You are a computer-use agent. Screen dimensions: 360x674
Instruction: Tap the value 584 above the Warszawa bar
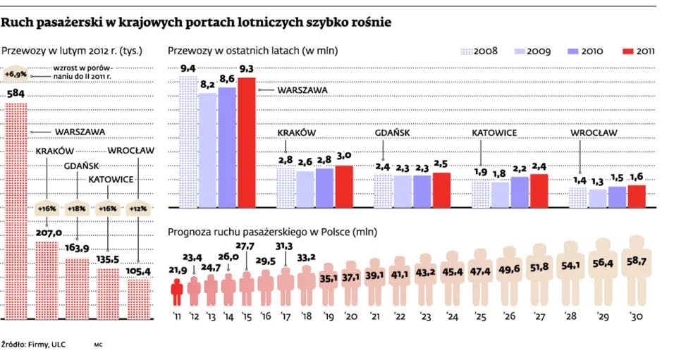point(16,94)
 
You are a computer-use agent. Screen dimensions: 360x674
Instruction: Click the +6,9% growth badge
point(16,73)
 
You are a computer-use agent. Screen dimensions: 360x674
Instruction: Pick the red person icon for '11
point(176,287)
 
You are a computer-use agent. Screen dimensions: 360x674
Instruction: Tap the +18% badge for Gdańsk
point(77,209)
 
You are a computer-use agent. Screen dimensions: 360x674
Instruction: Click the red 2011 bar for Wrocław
point(637,197)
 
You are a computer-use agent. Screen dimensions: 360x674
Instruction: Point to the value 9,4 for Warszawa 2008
point(188,68)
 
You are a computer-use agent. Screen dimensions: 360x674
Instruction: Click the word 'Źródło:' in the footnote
point(14,345)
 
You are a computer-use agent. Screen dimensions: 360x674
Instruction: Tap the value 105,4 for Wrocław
point(138,271)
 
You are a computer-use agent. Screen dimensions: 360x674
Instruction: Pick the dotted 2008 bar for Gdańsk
point(382,191)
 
